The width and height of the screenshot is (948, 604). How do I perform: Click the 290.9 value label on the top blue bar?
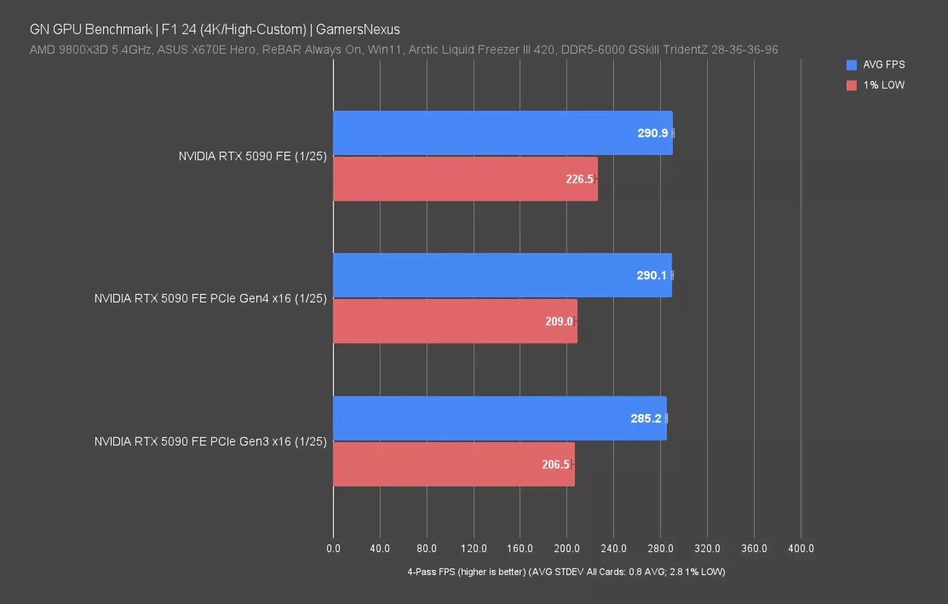point(652,133)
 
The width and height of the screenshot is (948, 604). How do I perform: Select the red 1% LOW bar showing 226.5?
point(465,179)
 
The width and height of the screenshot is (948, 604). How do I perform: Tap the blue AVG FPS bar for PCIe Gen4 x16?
point(502,275)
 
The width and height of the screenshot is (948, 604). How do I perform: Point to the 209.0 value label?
point(558,321)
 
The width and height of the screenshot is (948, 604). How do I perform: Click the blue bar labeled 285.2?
point(499,418)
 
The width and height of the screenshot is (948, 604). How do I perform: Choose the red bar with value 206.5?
point(454,464)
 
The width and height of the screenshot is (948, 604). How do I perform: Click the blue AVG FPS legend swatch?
point(851,65)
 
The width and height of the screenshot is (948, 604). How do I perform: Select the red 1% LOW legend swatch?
point(851,85)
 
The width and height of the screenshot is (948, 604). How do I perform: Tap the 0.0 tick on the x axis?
point(333,548)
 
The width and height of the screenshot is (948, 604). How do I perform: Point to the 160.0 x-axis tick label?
point(520,548)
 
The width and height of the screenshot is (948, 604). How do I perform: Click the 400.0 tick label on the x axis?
point(800,548)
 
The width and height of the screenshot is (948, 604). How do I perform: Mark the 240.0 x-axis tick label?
point(613,548)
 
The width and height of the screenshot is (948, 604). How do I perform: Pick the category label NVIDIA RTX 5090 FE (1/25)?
point(252,156)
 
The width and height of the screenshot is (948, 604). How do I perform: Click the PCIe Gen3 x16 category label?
point(210,442)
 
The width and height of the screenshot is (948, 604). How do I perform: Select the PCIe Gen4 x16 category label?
point(210,299)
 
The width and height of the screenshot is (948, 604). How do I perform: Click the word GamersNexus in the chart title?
point(358,30)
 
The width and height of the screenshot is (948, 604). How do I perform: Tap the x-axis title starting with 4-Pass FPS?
point(566,572)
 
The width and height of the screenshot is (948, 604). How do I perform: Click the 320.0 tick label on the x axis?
point(707,548)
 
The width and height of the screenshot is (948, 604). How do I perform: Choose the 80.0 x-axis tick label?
point(427,548)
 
